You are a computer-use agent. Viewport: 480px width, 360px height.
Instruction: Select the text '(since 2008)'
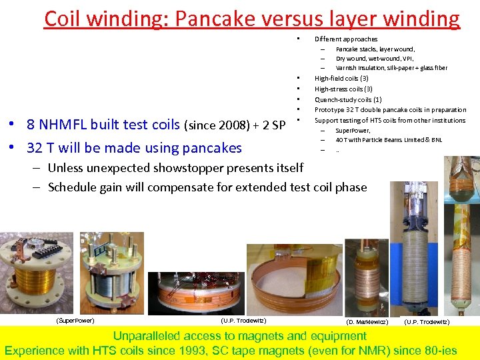218,125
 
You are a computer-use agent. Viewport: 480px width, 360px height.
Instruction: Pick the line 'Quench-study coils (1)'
347,99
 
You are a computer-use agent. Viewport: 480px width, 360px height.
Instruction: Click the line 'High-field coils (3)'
341,79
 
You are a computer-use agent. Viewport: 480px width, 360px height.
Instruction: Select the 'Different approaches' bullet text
345,39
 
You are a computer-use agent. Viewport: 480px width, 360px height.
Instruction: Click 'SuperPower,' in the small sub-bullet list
353,131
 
